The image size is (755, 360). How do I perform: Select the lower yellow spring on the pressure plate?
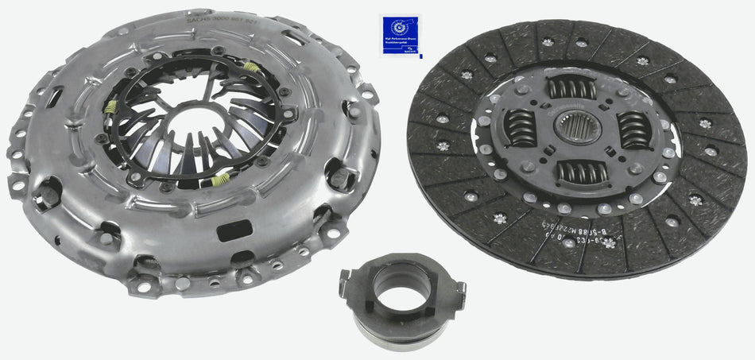pyautogui.click(x=220, y=180)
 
